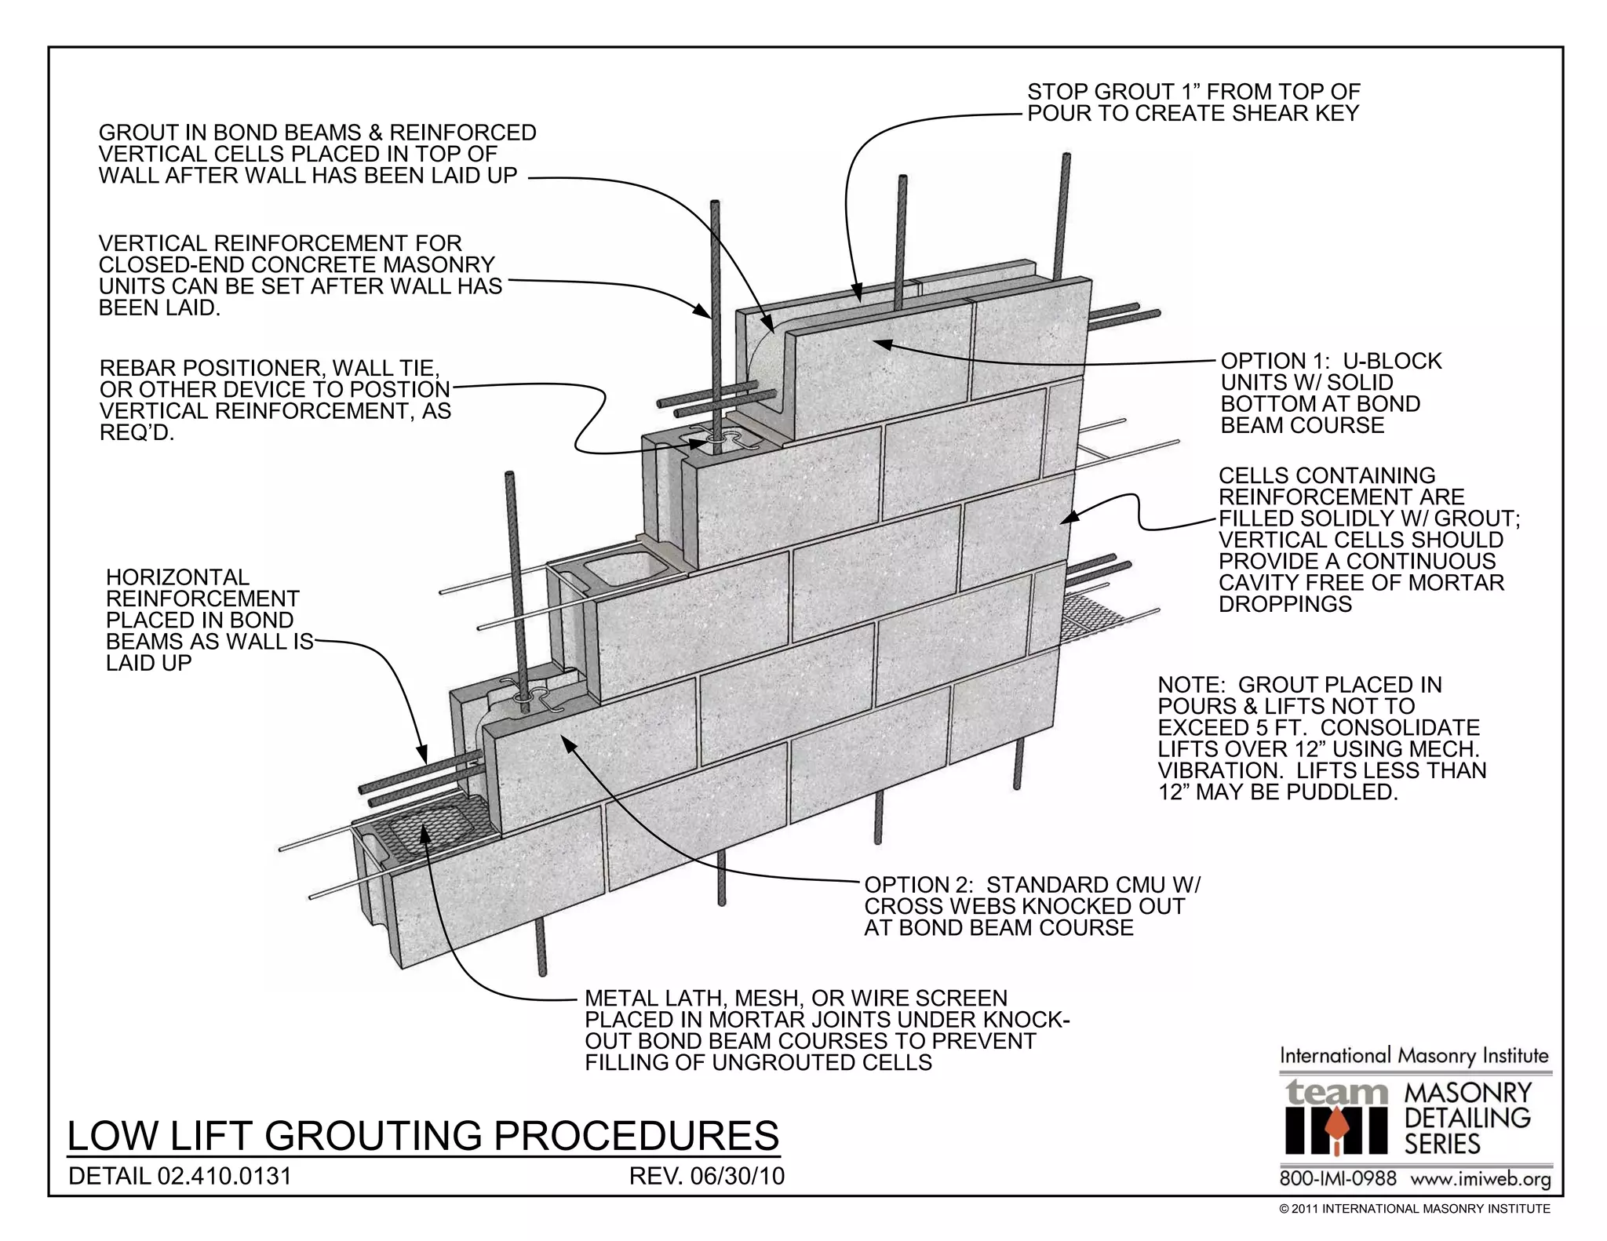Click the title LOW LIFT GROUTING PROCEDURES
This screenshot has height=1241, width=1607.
pyautogui.click(x=424, y=1136)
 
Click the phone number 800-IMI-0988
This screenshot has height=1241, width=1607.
pyautogui.click(x=1338, y=1179)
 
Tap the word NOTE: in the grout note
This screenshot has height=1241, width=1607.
pyautogui.click(x=1189, y=685)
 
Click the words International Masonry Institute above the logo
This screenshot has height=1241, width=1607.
pyautogui.click(x=1414, y=1056)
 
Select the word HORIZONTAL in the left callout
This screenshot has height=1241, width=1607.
pyautogui.click(x=177, y=577)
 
